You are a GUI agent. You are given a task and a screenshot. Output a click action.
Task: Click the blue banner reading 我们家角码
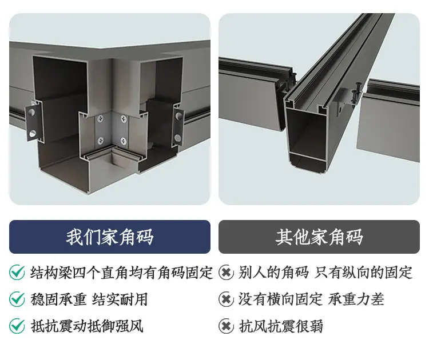[110, 237]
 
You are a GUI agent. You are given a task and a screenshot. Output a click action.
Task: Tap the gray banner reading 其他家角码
[319, 237]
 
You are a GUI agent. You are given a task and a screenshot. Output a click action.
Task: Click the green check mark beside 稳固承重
[17, 299]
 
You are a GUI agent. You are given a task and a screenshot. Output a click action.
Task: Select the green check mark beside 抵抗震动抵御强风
[17, 326]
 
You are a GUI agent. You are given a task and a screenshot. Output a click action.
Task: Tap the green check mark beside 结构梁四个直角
[17, 272]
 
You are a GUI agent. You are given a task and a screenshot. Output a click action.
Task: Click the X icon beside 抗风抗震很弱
[227, 326]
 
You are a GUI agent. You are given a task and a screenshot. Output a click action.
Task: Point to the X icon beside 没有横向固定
[227, 299]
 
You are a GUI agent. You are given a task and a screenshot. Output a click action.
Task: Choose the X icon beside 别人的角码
[227, 272]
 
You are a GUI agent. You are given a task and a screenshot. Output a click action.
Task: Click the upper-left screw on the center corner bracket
[101, 119]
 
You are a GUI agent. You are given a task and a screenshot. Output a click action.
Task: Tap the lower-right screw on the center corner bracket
[124, 141]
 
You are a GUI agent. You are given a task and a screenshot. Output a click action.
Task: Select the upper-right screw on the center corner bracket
[124, 119]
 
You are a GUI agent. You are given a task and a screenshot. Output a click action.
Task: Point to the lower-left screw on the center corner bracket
[101, 141]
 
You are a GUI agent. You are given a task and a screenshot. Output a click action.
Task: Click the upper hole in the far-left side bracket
[31, 112]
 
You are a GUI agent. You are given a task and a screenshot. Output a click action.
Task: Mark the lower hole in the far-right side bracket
[178, 138]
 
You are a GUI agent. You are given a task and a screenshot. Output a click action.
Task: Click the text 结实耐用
[120, 299]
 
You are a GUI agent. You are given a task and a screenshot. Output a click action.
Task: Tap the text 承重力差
[356, 299]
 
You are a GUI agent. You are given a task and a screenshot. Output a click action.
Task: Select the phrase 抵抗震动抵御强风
[87, 326]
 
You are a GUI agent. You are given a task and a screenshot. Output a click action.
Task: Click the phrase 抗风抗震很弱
[281, 326]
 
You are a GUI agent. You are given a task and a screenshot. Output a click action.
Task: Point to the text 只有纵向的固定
[363, 272]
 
